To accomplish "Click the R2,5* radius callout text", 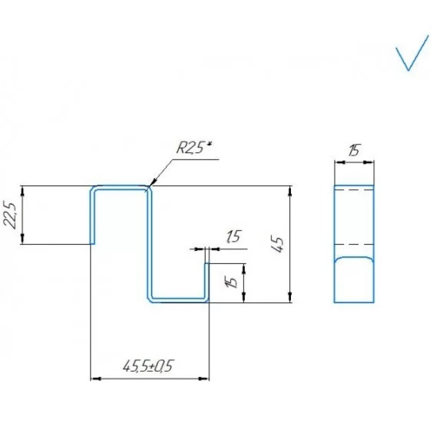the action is point(194,148).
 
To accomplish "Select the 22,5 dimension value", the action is point(10,214).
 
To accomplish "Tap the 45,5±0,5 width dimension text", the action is point(148,366).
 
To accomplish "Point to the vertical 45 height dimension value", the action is point(277,245).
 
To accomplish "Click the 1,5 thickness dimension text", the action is point(234,237).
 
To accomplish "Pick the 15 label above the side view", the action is point(354,150).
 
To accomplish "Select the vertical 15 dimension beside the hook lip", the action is point(232,282).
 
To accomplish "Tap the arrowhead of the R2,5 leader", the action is point(152,182).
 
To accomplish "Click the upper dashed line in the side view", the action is point(354,190).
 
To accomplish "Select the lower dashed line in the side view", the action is point(354,244).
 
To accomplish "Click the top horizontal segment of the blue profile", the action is point(120,187).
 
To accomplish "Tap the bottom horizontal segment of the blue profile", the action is point(179,300).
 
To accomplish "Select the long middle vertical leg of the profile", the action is point(150,244).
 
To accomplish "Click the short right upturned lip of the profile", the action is point(207,281).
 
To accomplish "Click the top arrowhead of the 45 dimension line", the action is point(290,191).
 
